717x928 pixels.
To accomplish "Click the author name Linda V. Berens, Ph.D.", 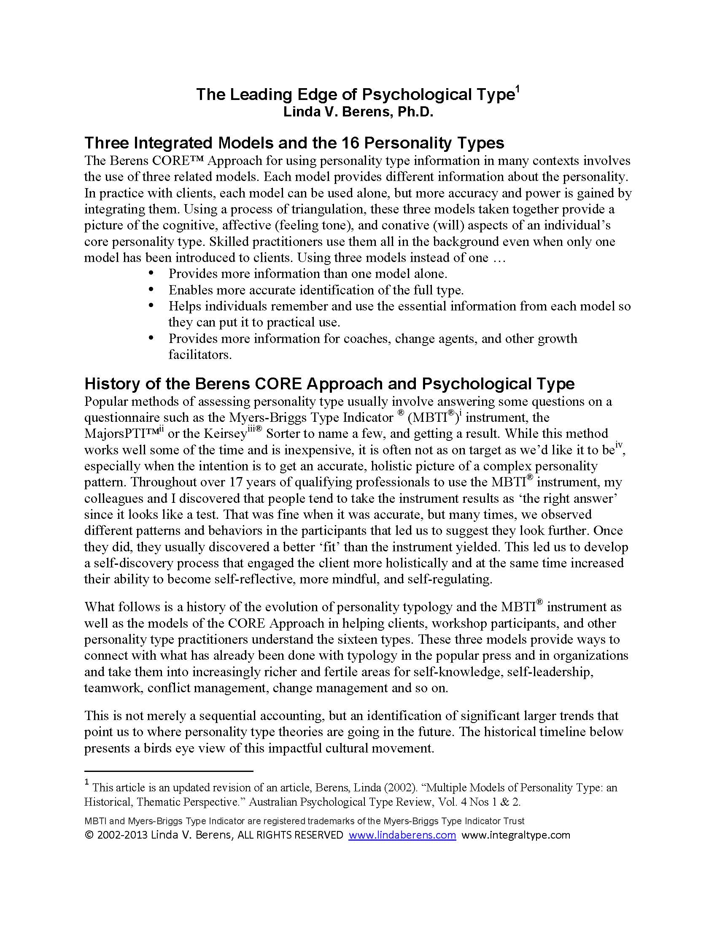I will [x=358, y=113].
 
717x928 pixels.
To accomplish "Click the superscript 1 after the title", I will [x=518, y=89].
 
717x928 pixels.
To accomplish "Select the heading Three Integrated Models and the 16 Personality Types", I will [x=294, y=143].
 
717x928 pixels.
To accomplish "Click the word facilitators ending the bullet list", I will [x=200, y=355].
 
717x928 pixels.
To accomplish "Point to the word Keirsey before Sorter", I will [x=225, y=434].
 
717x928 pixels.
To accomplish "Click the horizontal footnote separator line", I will [x=169, y=771].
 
